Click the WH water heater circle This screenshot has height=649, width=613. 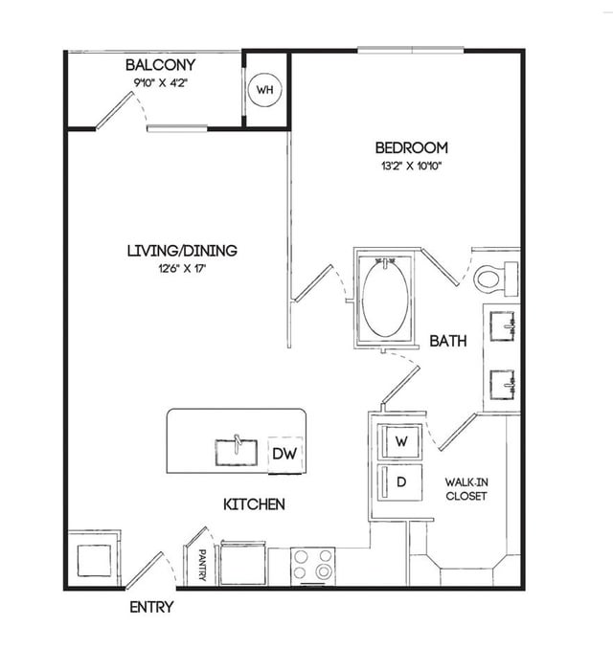pyautogui.click(x=264, y=89)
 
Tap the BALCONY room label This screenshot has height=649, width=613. pyautogui.click(x=160, y=65)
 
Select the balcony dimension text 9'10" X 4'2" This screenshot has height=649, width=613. pyautogui.click(x=161, y=82)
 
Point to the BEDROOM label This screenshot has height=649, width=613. pyautogui.click(x=411, y=147)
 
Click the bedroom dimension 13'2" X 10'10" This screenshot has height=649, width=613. pyautogui.click(x=412, y=166)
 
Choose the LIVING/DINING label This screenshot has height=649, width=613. pyautogui.click(x=182, y=251)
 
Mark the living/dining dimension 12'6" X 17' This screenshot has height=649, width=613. pyautogui.click(x=182, y=269)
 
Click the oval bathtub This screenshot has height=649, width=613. pyautogui.click(x=385, y=299)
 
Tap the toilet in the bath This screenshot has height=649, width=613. pyautogui.click(x=496, y=279)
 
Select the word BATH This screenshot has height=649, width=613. pyautogui.click(x=448, y=341)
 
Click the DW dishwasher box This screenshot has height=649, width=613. pyautogui.click(x=285, y=455)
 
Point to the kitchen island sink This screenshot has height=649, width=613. pyautogui.click(x=236, y=452)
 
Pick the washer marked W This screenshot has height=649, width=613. pyautogui.click(x=400, y=441)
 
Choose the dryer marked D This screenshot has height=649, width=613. pyautogui.click(x=400, y=482)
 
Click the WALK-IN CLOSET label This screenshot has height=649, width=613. pyautogui.click(x=466, y=489)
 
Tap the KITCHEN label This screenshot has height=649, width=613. pyautogui.click(x=254, y=504)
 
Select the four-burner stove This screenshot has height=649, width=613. pyautogui.click(x=312, y=566)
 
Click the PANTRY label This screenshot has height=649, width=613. pyautogui.click(x=202, y=565)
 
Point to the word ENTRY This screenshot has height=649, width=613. pyautogui.click(x=151, y=607)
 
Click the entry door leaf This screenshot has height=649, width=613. pyautogui.click(x=144, y=571)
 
